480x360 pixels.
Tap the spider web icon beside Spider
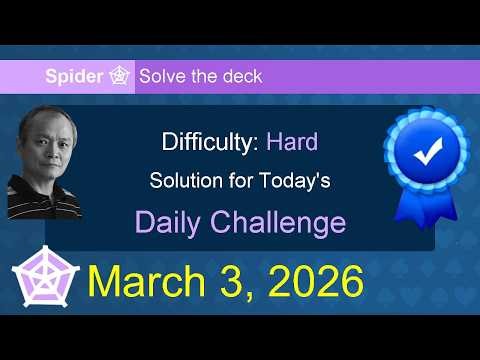[120, 76]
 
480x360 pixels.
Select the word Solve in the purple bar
[160, 76]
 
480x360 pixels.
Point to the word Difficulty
[210, 142]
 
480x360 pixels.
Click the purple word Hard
[292, 142]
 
